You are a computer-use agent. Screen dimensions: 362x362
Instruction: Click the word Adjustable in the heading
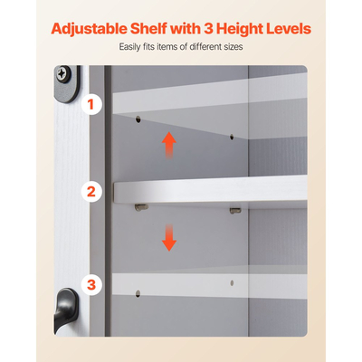click(89, 29)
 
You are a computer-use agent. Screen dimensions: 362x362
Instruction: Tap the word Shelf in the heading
click(148, 29)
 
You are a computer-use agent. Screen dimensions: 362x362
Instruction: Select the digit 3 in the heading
click(209, 29)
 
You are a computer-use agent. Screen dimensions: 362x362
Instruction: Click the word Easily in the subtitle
click(129, 47)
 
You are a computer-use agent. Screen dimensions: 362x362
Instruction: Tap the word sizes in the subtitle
click(233, 47)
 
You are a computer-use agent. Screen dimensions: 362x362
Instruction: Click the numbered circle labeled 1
click(90, 104)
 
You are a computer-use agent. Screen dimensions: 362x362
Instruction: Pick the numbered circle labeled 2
click(90, 192)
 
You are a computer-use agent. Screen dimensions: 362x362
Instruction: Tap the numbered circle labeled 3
click(90, 285)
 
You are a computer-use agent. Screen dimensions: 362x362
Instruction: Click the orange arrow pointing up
click(169, 145)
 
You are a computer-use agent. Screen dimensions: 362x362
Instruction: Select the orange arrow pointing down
click(169, 238)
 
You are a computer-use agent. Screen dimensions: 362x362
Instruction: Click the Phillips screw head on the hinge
click(62, 73)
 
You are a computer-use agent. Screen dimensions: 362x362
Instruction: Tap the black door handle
click(65, 310)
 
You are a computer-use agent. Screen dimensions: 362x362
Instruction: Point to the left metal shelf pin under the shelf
click(141, 207)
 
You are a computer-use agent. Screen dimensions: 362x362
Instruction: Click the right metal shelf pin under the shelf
click(235, 211)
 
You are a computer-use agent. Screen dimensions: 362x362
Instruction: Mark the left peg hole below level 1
click(138, 119)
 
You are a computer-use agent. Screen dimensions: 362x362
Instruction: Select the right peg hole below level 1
click(232, 137)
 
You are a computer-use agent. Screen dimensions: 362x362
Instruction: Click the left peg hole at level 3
click(138, 294)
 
